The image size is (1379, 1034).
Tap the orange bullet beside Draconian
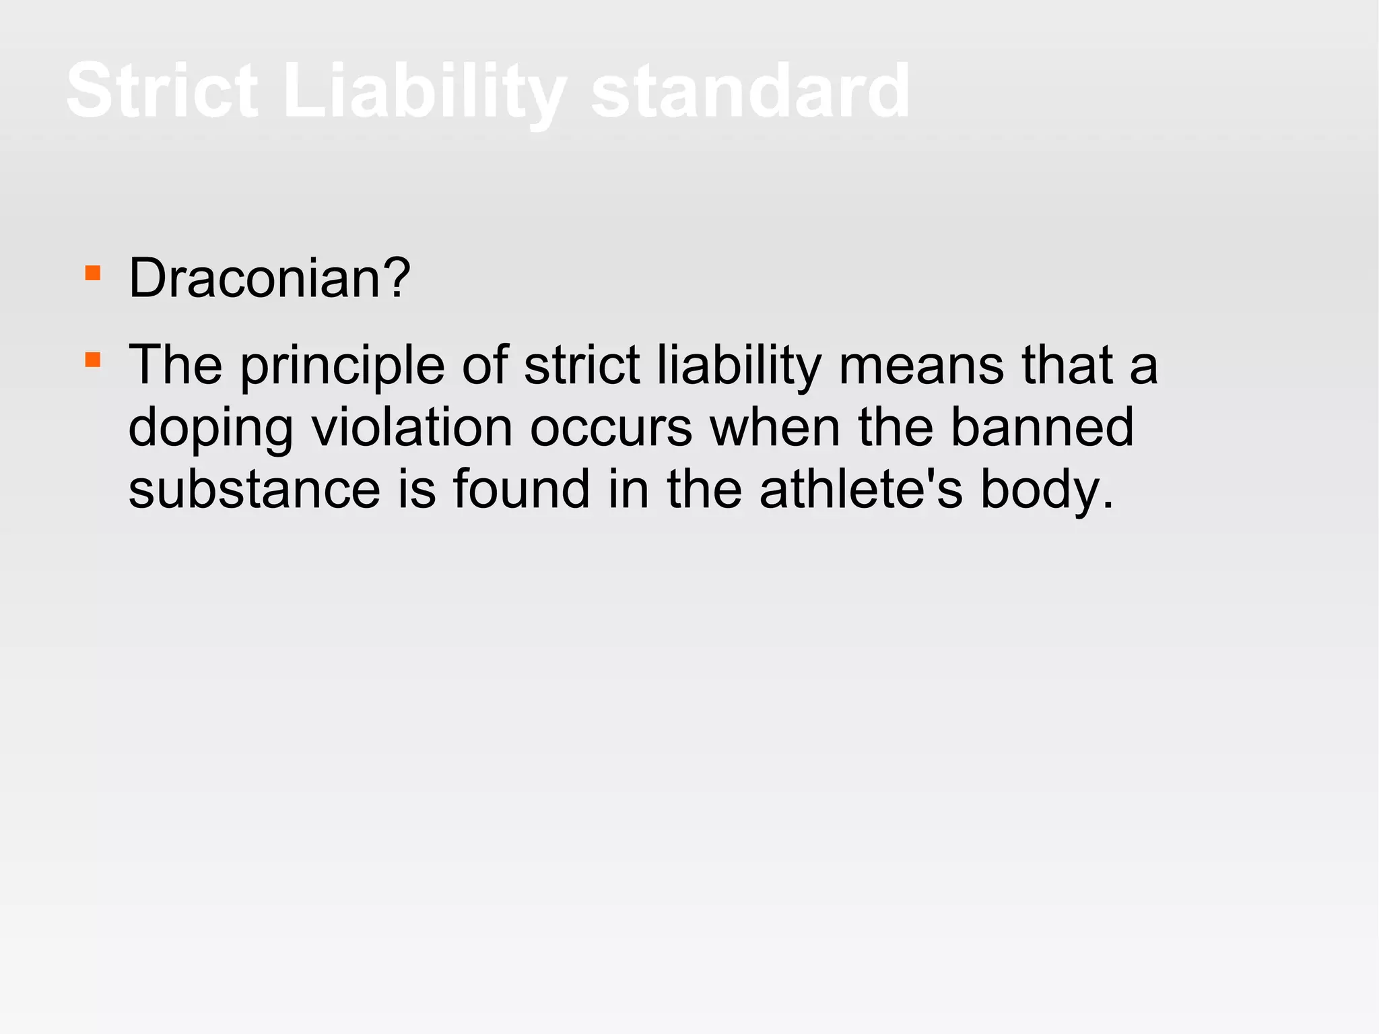pyautogui.click(x=93, y=273)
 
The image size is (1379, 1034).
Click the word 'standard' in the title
pyautogui.click(x=750, y=90)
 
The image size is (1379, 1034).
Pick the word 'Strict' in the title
pyautogui.click(x=162, y=90)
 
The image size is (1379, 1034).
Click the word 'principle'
pyautogui.click(x=342, y=366)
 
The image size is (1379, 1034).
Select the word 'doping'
pyautogui.click(x=210, y=428)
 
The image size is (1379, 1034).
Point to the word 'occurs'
pyautogui.click(x=611, y=428)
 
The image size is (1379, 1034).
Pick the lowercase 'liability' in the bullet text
pyautogui.click(x=739, y=366)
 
